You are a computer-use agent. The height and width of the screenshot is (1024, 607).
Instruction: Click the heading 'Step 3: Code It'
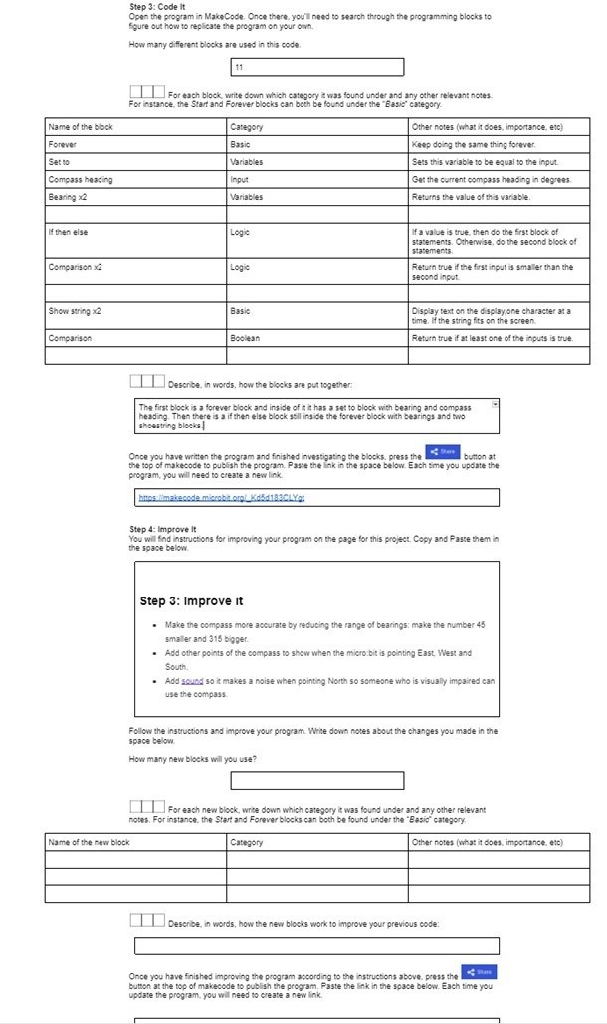coord(151,7)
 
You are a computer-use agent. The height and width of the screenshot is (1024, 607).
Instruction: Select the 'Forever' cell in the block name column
coord(62,144)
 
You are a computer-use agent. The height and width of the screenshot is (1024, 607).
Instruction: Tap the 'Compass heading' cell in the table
coord(81,179)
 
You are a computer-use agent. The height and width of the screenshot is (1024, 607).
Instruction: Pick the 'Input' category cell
coord(239,179)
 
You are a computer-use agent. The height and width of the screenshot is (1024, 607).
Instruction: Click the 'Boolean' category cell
coord(245,338)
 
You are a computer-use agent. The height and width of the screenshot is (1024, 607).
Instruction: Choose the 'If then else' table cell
coord(68,231)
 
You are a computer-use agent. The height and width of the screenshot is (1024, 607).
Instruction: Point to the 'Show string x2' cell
coord(74,311)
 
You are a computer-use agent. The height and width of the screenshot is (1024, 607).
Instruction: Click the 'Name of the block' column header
coord(81,127)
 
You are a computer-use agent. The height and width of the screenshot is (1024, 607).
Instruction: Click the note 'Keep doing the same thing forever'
coord(474,144)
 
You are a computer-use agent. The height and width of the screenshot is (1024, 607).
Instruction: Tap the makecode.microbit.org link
coord(220,497)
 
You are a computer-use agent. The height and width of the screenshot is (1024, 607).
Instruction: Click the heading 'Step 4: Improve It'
coord(163,529)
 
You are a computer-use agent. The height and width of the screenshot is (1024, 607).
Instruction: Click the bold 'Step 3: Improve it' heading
coord(192,601)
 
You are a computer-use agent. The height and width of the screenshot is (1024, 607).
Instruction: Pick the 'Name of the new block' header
coord(89,842)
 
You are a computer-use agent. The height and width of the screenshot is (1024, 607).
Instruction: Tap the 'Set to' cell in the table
coord(59,161)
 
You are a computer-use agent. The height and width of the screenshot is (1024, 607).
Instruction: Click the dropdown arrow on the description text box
coord(494,405)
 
